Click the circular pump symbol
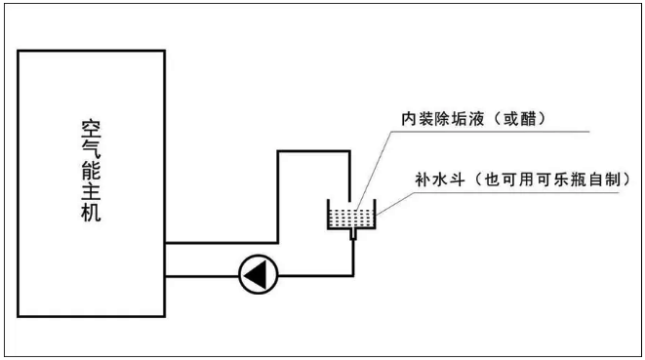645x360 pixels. point(259,274)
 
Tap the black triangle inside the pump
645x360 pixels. point(256,274)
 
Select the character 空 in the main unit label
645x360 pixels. point(91,129)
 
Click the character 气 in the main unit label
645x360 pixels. point(91,149)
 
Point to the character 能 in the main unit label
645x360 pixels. point(91,170)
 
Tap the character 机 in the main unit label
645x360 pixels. point(91,212)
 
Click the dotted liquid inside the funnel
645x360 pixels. point(351,219)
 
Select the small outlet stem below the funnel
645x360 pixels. point(353,234)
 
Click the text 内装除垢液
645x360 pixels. point(442,119)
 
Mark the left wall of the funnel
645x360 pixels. point(328,214)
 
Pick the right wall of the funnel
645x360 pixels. point(375,214)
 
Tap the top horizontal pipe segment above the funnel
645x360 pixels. point(314,151)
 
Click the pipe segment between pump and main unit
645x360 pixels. point(202,276)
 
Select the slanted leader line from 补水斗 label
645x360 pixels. point(395,204)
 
